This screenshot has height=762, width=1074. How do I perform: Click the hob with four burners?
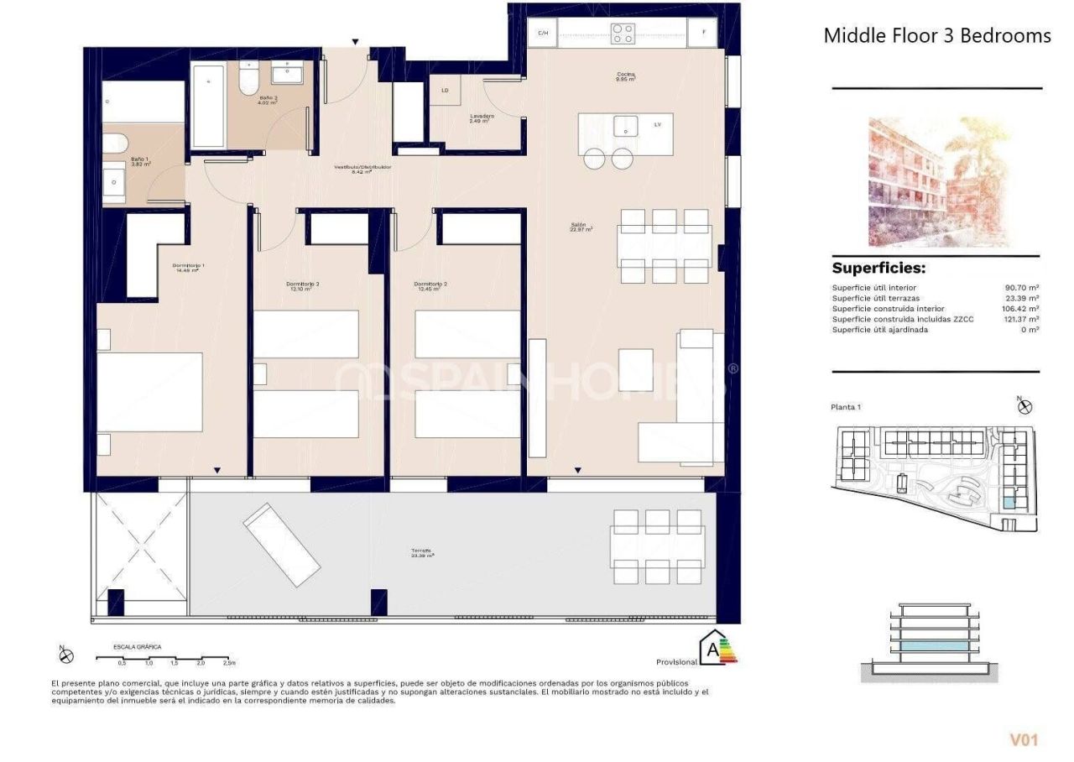point(623,34)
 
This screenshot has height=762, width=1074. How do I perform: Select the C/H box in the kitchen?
point(543,34)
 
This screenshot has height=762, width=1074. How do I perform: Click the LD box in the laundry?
point(445,91)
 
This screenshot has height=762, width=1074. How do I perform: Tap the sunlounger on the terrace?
point(282,545)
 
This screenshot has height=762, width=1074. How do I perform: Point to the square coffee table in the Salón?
point(635,369)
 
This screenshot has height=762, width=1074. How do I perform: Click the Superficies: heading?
point(878,269)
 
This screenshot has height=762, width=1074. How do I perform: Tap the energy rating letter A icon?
point(714,649)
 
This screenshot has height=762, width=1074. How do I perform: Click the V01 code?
point(1024,739)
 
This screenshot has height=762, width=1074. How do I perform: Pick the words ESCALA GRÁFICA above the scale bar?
point(138,647)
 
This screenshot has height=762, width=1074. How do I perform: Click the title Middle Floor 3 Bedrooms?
point(936,35)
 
